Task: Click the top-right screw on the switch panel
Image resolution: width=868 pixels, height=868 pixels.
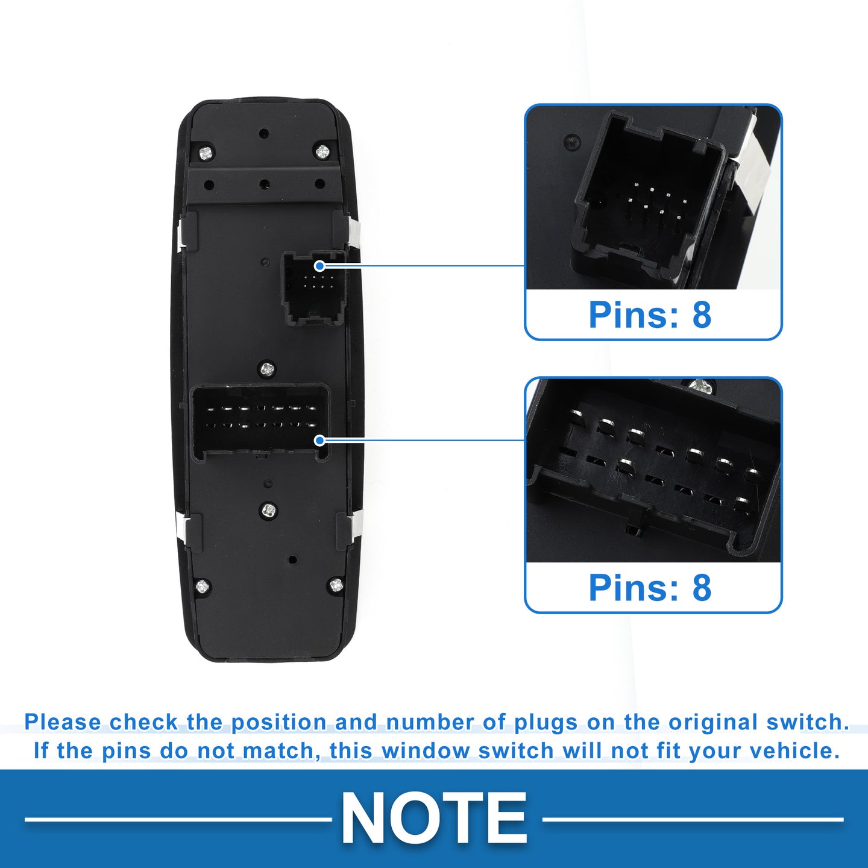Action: [322, 152]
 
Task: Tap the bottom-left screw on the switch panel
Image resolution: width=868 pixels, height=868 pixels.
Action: [203, 586]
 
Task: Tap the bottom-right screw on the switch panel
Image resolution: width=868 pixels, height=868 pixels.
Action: [336, 585]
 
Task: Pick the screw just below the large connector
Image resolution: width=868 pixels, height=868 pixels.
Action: [269, 510]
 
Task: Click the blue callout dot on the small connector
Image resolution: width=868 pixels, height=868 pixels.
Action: [319, 266]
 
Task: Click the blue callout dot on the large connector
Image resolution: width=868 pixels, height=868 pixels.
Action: [319, 440]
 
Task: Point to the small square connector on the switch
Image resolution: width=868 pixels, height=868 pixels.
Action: [313, 288]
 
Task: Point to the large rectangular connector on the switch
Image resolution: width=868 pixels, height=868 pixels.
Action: [260, 422]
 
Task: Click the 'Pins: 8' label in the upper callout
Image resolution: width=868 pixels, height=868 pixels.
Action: [650, 315]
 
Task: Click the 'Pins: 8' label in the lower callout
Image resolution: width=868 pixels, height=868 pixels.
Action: [650, 588]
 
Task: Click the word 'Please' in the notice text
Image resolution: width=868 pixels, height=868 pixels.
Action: [63, 722]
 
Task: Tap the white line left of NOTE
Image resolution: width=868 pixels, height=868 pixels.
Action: [178, 819]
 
